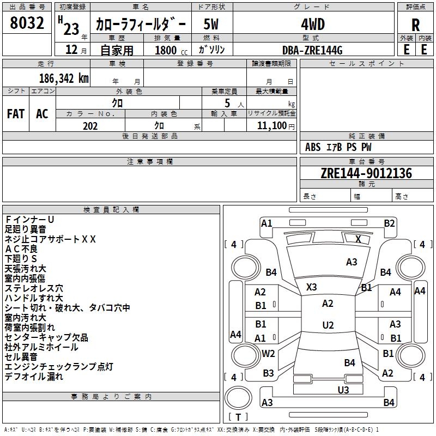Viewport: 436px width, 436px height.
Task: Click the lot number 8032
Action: click(28, 23)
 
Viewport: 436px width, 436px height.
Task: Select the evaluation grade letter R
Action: click(415, 24)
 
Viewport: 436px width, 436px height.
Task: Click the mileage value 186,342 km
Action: click(64, 78)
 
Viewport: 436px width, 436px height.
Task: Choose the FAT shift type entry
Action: click(15, 114)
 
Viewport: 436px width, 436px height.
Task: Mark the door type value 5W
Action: click(211, 24)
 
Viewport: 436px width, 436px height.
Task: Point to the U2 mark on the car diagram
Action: click(328, 325)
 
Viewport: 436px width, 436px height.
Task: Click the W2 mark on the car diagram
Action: click(268, 353)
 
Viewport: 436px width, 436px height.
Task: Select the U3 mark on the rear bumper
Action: click(343, 390)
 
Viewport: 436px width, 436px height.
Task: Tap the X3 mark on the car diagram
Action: click(312, 287)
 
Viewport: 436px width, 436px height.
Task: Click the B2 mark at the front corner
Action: click(389, 223)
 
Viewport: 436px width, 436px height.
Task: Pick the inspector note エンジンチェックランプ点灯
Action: click(59, 367)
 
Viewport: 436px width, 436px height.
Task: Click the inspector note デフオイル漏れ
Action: click(34, 377)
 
